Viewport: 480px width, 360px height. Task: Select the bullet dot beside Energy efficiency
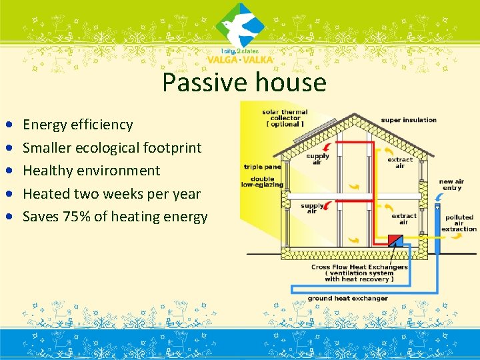tap(8, 125)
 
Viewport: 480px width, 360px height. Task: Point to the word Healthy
tap(47, 171)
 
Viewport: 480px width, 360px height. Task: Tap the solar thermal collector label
tap(285, 118)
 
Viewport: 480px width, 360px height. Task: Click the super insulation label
tap(409, 120)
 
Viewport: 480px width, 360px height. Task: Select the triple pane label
tap(262, 167)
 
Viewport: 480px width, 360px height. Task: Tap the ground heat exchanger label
tap(347, 298)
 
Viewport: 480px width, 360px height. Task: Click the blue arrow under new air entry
tap(437, 198)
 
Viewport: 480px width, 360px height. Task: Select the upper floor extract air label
tap(399, 162)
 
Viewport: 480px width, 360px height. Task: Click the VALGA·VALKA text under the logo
tap(240, 59)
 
